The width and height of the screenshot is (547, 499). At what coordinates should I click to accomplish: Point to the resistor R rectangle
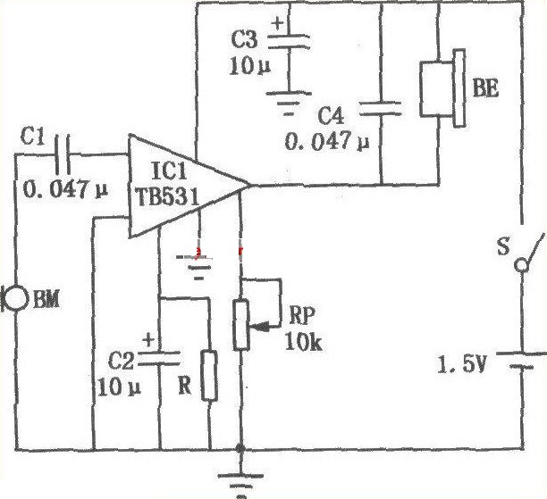click(x=209, y=375)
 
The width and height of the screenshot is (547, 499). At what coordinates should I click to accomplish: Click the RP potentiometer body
click(x=240, y=325)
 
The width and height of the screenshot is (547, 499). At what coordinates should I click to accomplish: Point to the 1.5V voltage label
click(x=461, y=364)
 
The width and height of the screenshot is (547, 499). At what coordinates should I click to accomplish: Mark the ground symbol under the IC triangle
click(x=199, y=263)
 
